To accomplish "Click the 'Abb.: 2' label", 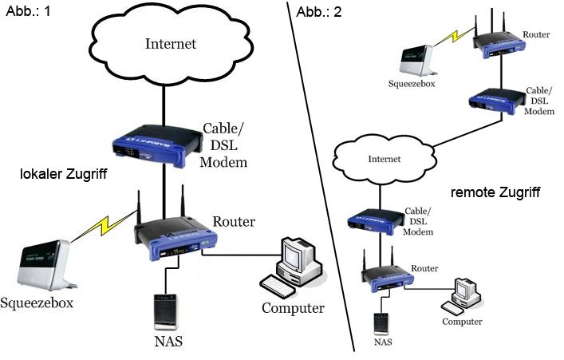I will point(317,11).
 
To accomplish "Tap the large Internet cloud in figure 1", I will point(170,43).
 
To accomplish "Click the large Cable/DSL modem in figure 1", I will point(156,144).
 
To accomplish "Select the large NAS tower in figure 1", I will point(166,312).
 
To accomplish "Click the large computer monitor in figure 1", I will point(300,255).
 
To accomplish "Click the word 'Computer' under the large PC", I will point(293,308).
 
